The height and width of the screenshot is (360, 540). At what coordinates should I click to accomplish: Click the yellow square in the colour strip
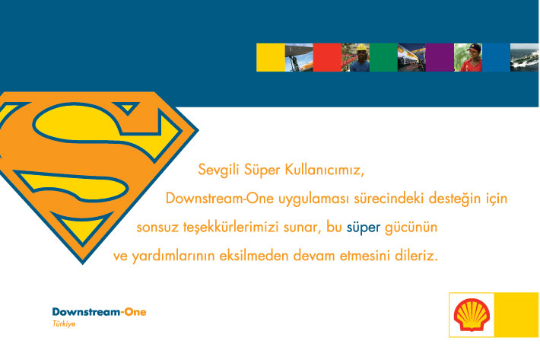[x=271, y=58]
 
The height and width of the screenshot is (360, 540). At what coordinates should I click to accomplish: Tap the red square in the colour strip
[x=327, y=58]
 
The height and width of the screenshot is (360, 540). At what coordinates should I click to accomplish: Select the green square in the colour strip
[x=383, y=58]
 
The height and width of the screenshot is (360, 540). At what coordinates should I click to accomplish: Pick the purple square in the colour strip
[x=440, y=58]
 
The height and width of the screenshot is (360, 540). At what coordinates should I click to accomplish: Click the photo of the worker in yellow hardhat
[x=355, y=58]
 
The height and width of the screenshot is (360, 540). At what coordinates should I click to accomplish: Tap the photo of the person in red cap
[x=468, y=58]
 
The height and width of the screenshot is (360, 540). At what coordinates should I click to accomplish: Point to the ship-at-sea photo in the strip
[x=524, y=58]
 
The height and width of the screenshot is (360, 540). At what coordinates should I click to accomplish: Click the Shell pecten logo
[x=472, y=315]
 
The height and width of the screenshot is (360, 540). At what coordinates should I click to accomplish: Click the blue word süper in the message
[x=364, y=228]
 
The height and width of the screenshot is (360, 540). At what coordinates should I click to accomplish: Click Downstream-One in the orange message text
[x=220, y=199]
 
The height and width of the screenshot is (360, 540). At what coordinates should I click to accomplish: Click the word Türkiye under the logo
[x=64, y=323]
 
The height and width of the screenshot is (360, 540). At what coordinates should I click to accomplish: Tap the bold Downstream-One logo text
[x=99, y=312]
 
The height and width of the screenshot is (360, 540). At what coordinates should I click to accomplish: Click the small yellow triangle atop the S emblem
[x=127, y=107]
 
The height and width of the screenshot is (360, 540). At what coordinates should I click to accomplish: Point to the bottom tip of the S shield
[x=83, y=264]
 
